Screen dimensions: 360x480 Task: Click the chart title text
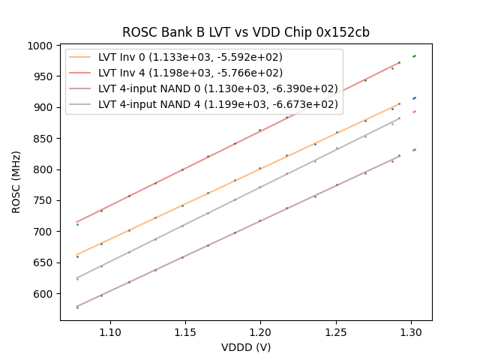click(x=246, y=33)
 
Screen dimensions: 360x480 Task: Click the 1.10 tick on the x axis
click(x=111, y=331)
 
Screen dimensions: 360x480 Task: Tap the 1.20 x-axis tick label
click(x=260, y=331)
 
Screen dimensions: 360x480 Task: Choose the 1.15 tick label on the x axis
click(x=186, y=331)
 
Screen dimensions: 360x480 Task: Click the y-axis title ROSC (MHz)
click(x=16, y=182)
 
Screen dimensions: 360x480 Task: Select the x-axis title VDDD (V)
click(x=246, y=347)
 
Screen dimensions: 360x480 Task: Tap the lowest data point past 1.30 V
click(x=414, y=150)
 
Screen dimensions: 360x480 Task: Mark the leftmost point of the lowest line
click(x=77, y=307)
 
